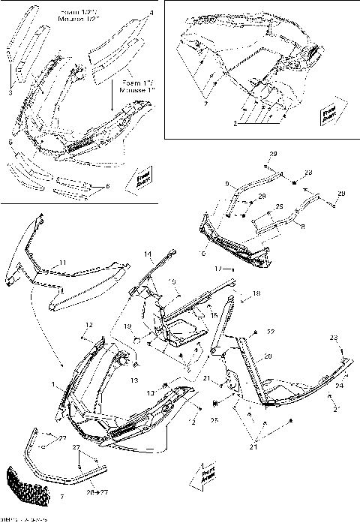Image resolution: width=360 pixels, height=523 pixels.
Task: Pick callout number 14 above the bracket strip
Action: (x=148, y=254)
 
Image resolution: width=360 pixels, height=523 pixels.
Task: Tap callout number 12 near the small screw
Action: (x=88, y=324)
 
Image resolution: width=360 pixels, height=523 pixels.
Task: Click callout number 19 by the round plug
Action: (x=127, y=326)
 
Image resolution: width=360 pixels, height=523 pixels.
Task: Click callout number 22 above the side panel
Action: (x=271, y=332)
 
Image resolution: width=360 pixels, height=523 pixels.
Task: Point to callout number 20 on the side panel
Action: (x=267, y=356)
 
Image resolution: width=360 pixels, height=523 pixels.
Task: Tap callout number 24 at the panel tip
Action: (x=339, y=386)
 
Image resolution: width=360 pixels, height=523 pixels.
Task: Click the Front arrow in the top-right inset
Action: (x=328, y=114)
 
